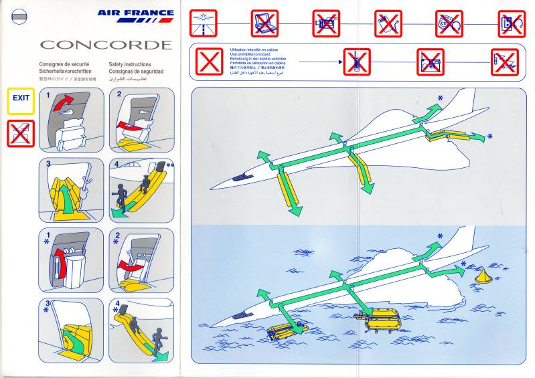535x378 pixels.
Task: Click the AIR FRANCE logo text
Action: tap(135, 12)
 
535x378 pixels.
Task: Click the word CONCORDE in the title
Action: tap(105, 45)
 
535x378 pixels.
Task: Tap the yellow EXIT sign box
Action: tap(21, 98)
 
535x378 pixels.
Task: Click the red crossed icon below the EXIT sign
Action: tap(21, 133)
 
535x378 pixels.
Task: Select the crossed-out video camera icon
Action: tap(326, 23)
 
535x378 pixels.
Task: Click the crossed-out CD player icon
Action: tap(449, 23)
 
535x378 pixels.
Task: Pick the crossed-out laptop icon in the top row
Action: tap(264, 23)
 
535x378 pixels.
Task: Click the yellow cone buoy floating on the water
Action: tap(481, 276)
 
